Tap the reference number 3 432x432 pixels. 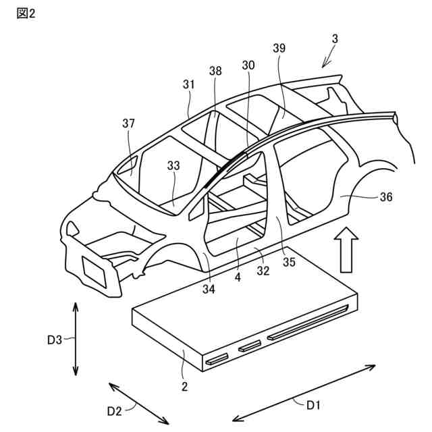click(x=335, y=39)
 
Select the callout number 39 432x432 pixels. click(x=279, y=49)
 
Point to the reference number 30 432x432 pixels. click(x=248, y=65)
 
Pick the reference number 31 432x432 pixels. click(x=188, y=85)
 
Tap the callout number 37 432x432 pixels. click(x=129, y=124)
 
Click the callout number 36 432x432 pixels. click(x=386, y=197)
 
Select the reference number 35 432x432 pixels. click(x=289, y=263)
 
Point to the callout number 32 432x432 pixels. click(x=263, y=271)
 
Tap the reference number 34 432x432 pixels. click(x=209, y=290)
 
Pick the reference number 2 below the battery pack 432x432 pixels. click(x=184, y=386)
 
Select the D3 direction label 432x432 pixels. click(x=55, y=340)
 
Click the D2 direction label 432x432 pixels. click(x=115, y=410)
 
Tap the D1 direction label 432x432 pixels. click(x=314, y=405)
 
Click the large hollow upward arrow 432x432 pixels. click(x=348, y=250)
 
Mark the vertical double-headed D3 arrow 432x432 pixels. click(x=75, y=339)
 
